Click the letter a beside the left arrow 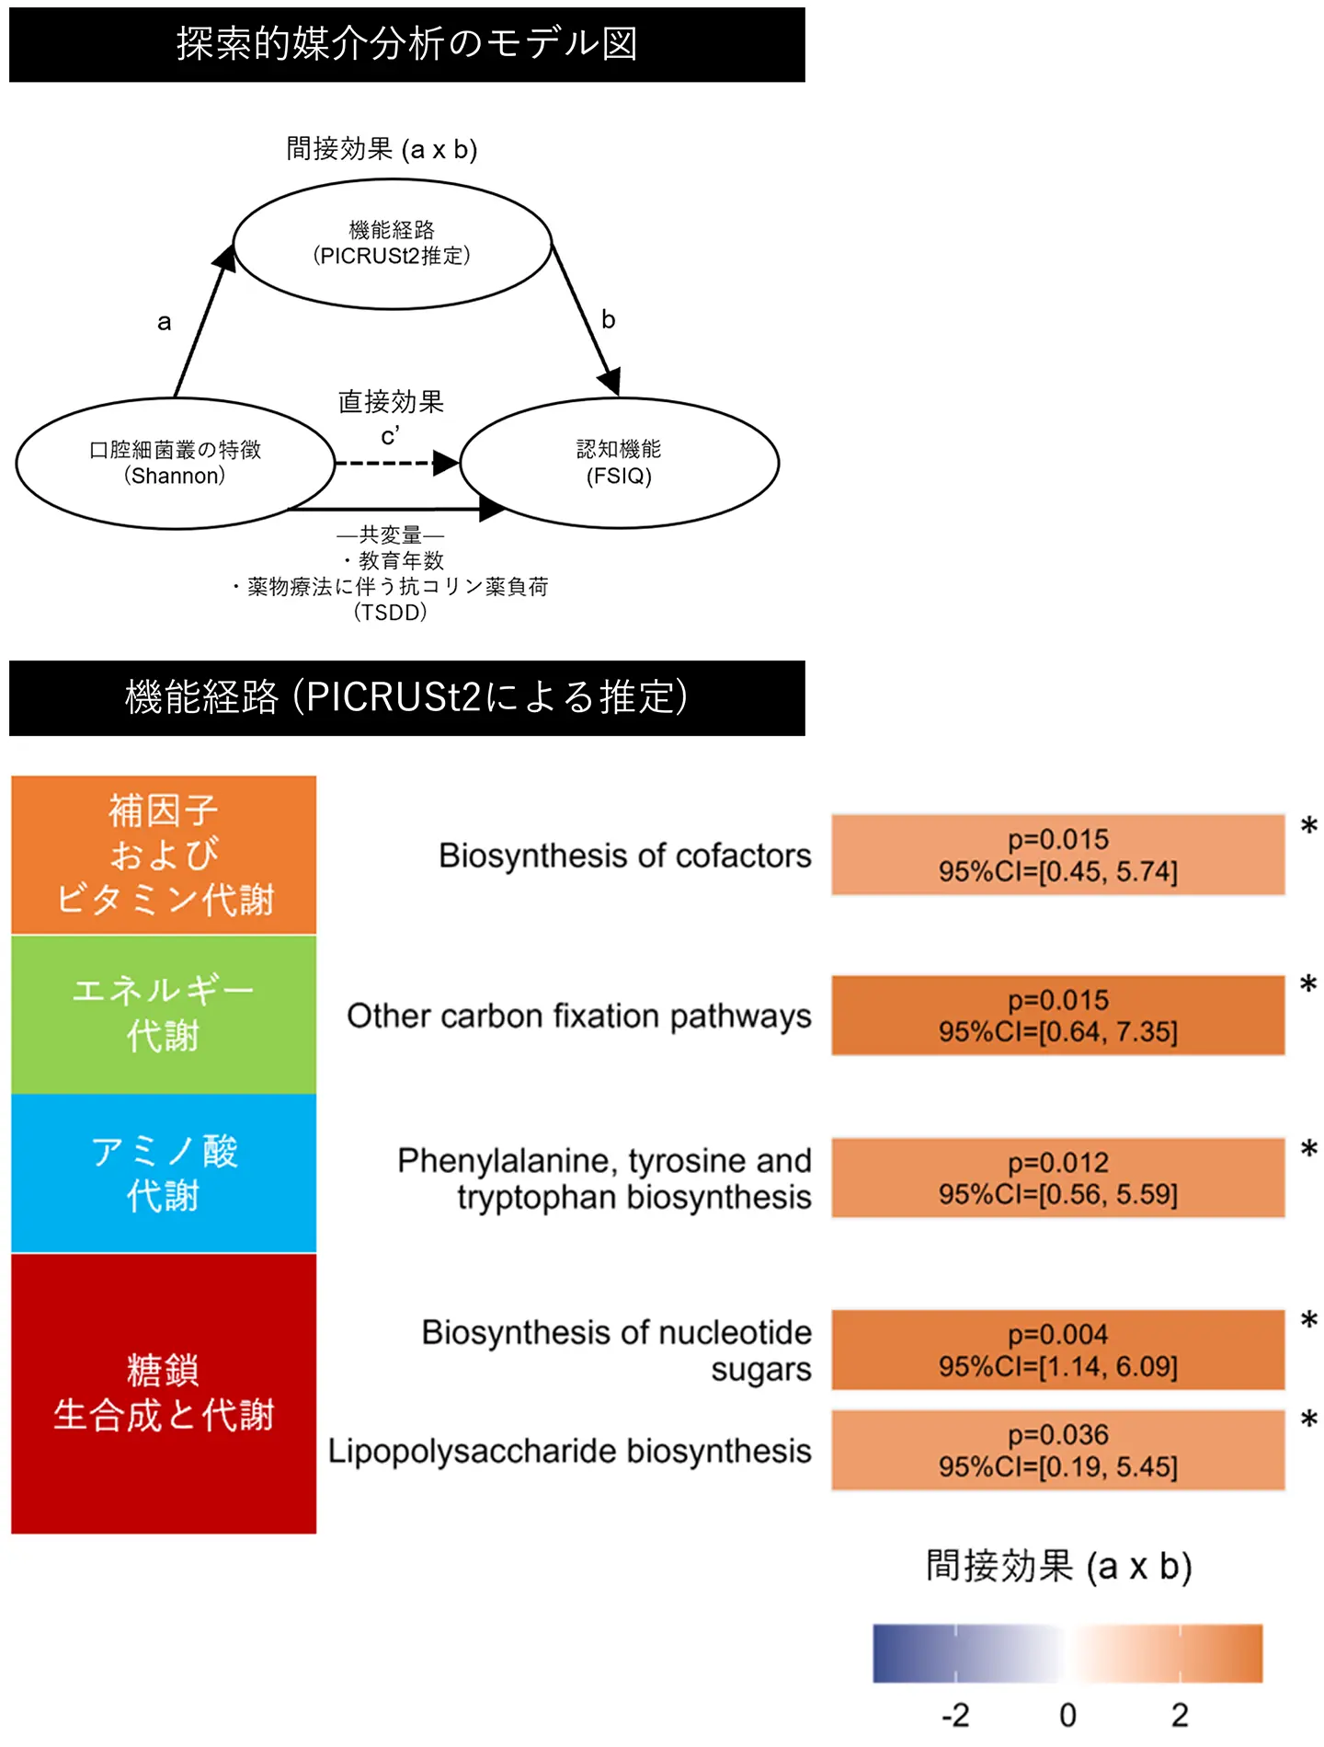(x=164, y=322)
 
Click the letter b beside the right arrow (x=608, y=319)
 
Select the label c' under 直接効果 (x=390, y=435)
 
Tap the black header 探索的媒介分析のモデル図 (x=406, y=44)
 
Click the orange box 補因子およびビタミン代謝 (x=164, y=855)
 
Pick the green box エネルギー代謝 (x=164, y=1014)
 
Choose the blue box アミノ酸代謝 (x=164, y=1173)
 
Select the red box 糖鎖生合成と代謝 (x=164, y=1393)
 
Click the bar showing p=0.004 (x=1057, y=1350)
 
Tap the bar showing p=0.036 (x=1057, y=1450)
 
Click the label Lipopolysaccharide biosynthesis (x=569, y=1451)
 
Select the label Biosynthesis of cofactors (x=624, y=856)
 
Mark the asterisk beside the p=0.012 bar (x=1308, y=1149)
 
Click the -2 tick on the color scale (x=955, y=1715)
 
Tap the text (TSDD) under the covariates (x=390, y=612)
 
